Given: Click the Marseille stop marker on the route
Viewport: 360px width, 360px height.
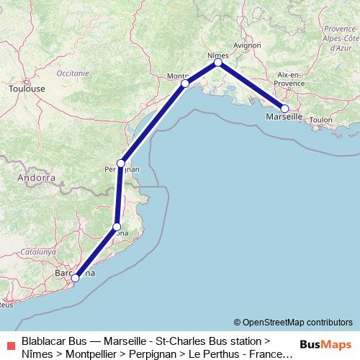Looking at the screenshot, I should tap(284, 109).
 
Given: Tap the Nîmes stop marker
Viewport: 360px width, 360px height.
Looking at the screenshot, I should tap(217, 63).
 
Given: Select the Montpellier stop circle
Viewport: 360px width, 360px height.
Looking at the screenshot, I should tap(185, 84).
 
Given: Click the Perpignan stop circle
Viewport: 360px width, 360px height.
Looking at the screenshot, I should tap(121, 163).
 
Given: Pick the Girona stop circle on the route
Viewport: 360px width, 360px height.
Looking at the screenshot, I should tap(117, 227).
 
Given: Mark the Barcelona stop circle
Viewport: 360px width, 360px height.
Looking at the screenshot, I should tap(75, 278).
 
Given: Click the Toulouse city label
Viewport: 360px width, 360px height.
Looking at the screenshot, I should tap(27, 89).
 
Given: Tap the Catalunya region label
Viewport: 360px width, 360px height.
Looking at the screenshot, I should tap(37, 252).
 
